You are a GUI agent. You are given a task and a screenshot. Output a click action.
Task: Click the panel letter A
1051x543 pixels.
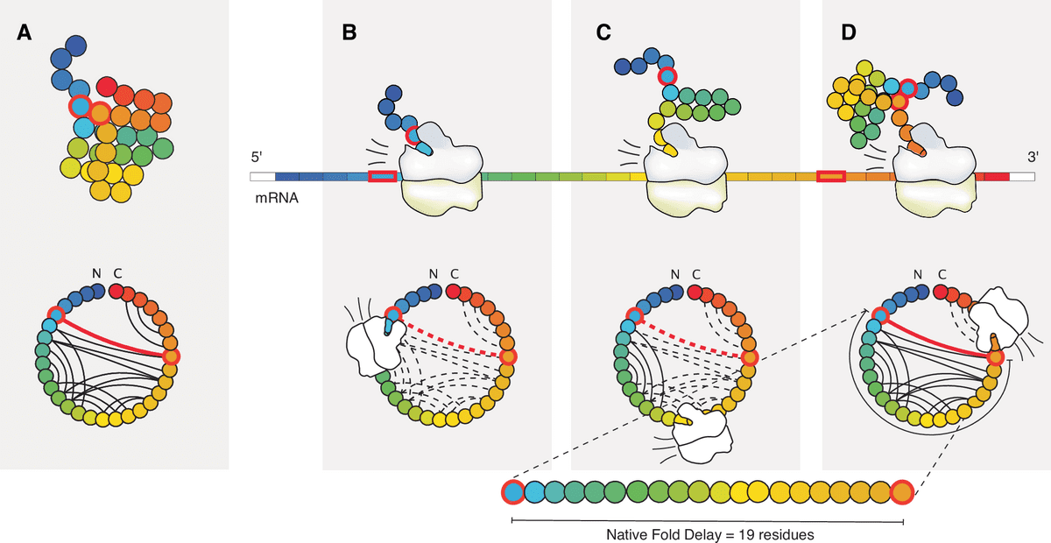pyautogui.click(x=25, y=34)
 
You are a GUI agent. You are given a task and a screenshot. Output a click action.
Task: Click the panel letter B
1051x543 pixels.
pyautogui.click(x=349, y=34)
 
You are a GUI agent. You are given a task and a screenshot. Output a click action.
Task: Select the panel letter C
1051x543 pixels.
pyautogui.click(x=603, y=34)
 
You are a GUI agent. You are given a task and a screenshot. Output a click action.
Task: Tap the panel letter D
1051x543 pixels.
pyautogui.click(x=847, y=34)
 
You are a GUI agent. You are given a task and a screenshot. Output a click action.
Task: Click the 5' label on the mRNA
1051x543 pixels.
pyautogui.click(x=257, y=158)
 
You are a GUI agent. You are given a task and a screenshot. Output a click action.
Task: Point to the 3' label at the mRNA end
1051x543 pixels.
pyautogui.click(x=1033, y=158)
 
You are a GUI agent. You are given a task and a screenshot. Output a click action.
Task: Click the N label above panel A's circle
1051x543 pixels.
pyautogui.click(x=97, y=274)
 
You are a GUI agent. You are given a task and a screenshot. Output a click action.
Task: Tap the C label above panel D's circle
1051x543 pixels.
pyautogui.click(x=942, y=274)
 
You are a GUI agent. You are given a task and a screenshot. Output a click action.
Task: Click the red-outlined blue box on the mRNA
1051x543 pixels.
pyautogui.click(x=383, y=177)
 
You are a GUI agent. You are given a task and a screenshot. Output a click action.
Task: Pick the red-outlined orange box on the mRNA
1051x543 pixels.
pyautogui.click(x=831, y=177)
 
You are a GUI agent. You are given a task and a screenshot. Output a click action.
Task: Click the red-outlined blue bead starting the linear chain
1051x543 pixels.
pyautogui.click(x=513, y=493)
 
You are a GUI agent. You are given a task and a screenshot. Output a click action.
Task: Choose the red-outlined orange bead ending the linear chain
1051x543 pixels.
pyautogui.click(x=901, y=493)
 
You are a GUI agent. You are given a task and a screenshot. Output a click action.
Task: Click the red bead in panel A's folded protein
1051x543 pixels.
pyautogui.click(x=107, y=86)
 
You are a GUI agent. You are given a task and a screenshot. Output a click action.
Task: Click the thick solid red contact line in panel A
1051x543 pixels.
pyautogui.click(x=114, y=335)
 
